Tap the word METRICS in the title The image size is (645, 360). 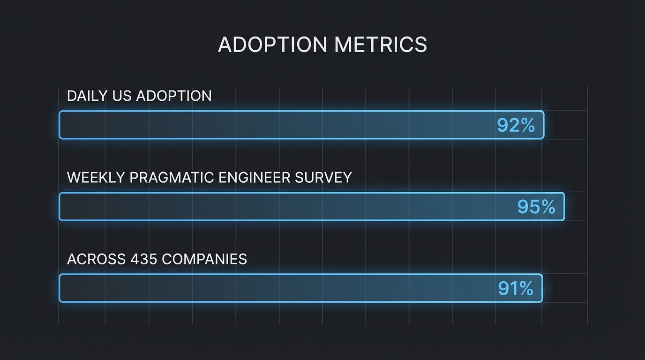pyautogui.click(x=381, y=45)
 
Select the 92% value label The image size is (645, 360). pyautogui.click(x=516, y=125)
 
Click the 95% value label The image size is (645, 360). pyautogui.click(x=536, y=207)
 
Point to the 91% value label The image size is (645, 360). pyautogui.click(x=516, y=288)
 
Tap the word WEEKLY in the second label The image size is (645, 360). pyautogui.click(x=96, y=178)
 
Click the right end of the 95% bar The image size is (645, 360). pyautogui.click(x=563, y=206)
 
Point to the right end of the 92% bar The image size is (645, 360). pyautogui.click(x=543, y=125)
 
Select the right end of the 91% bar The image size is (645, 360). pyautogui.click(x=541, y=288)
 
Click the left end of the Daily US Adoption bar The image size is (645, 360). pyautogui.click(x=60, y=125)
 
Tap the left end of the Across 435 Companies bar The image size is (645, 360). pyautogui.click(x=60, y=288)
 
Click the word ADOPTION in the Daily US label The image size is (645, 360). pyautogui.click(x=174, y=96)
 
